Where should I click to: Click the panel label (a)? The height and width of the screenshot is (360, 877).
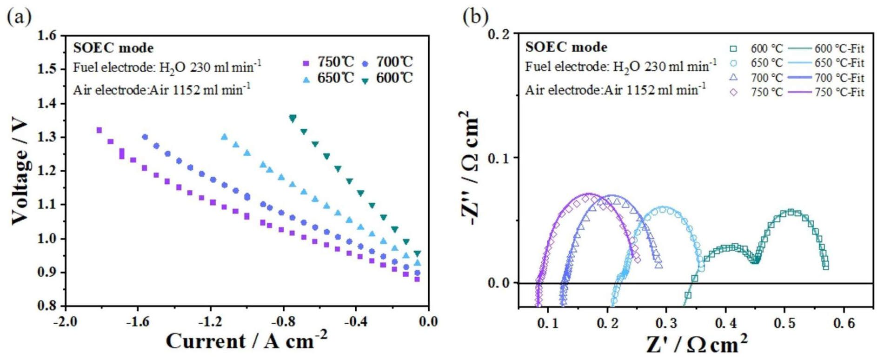[19, 17]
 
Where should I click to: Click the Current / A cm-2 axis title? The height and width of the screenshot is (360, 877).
[246, 341]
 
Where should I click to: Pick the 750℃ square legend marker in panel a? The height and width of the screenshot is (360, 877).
[306, 63]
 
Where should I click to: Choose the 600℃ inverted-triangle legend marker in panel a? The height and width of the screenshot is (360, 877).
[365, 80]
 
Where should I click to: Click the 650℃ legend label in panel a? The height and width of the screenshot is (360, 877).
[336, 78]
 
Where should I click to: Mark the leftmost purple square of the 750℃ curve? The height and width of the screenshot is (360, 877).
[99, 130]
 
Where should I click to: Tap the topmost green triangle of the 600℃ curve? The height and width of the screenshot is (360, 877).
[292, 118]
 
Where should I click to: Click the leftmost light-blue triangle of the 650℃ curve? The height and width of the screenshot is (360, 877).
[225, 137]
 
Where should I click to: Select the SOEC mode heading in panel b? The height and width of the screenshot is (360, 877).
[566, 47]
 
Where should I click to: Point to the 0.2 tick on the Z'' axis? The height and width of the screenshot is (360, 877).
[499, 33]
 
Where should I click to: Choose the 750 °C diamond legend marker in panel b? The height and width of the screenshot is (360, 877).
[733, 92]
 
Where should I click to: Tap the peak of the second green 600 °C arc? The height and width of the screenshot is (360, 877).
[791, 212]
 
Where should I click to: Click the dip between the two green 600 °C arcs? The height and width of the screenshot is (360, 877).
[756, 261]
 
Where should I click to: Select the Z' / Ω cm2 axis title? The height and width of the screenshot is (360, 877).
[697, 345]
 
